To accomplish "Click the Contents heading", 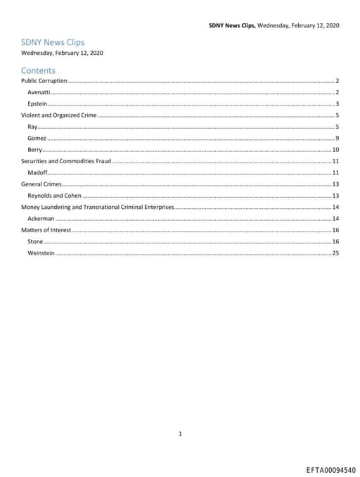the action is coord(38,70).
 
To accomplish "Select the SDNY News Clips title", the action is coord(53,42).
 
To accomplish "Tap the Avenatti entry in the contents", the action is coord(39,92).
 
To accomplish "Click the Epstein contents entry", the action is coord(37,103).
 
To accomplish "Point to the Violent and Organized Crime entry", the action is coord(58,115).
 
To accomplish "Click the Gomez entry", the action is coord(37,138).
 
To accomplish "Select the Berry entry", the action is coord(34,150).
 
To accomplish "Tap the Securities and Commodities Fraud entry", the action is coord(65,161).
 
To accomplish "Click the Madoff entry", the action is coord(37,172).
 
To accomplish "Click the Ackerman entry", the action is coord(41,219).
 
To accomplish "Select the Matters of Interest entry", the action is coord(46,230).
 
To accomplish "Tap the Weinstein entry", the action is coord(41,253).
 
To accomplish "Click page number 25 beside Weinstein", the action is coord(335,253).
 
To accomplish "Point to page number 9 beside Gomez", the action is coord(337,138).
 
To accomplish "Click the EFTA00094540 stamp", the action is coord(330,469).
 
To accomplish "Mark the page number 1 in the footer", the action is coord(180,414).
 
